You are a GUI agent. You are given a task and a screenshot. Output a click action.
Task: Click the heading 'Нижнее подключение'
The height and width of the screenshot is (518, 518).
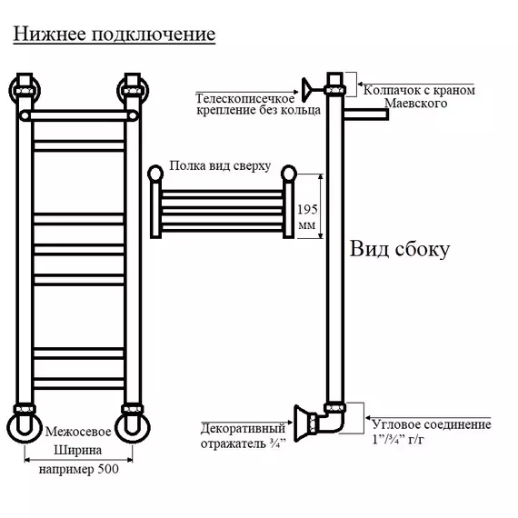(x=115, y=34)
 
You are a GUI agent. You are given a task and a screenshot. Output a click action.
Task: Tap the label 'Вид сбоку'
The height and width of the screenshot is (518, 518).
(x=400, y=249)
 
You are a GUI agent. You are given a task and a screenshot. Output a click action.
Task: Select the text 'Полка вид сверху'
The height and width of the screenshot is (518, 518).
(x=220, y=165)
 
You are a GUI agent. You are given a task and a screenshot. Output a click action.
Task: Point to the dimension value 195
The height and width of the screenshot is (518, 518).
(x=307, y=209)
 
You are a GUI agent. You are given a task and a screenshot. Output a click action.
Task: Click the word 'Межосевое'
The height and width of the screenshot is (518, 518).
(x=78, y=432)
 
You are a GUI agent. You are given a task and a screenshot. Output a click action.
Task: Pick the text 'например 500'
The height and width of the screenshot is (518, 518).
(x=79, y=469)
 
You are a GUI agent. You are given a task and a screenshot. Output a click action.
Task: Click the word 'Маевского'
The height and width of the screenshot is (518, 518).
(x=416, y=103)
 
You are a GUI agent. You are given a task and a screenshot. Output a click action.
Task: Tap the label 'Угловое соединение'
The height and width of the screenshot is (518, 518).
(x=432, y=424)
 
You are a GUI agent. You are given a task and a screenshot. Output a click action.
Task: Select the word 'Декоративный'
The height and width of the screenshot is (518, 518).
(x=243, y=428)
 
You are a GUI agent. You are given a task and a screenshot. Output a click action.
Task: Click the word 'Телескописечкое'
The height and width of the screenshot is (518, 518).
(x=244, y=98)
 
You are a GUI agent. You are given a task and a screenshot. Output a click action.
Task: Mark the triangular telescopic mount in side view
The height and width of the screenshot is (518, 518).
(x=307, y=90)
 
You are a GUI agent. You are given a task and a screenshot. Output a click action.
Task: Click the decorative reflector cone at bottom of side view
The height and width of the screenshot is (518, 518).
(x=302, y=423)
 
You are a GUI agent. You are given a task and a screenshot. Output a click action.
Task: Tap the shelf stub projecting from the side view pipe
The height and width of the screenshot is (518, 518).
(x=366, y=115)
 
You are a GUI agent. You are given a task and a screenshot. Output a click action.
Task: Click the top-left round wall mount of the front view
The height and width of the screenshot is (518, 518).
(x=25, y=91)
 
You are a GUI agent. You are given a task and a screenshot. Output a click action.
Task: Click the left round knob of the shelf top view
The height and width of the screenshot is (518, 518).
(x=155, y=174)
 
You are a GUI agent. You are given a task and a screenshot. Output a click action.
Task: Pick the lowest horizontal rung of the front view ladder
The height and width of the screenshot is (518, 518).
(x=79, y=384)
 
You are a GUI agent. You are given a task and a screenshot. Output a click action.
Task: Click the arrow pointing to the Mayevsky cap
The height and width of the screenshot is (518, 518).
(x=416, y=85)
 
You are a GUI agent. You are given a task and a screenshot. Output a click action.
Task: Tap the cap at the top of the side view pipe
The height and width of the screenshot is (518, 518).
(x=335, y=84)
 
